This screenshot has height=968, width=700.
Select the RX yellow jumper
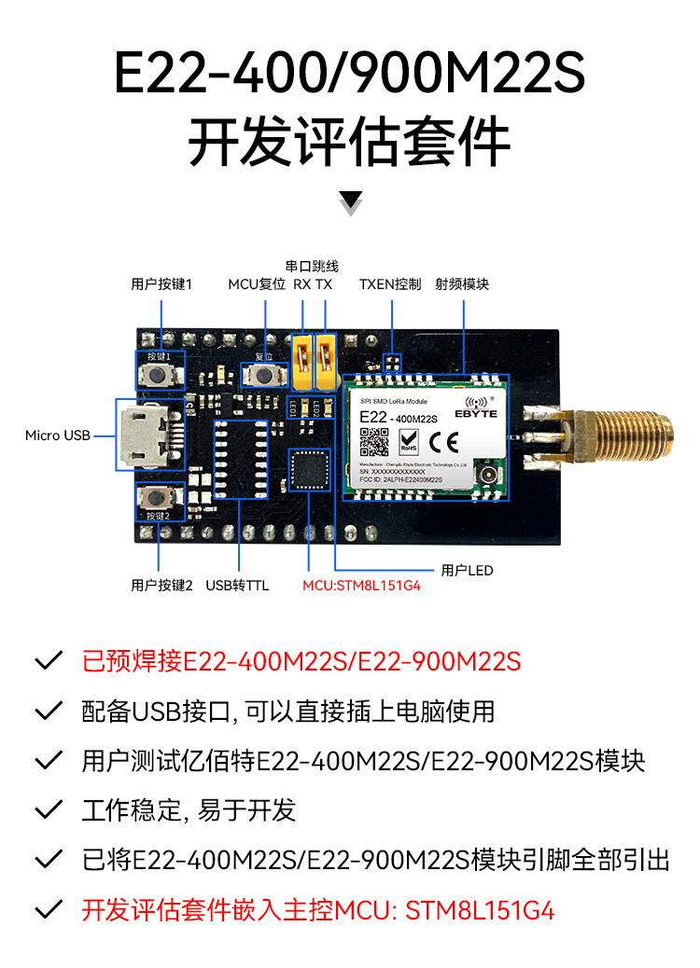point(302,363)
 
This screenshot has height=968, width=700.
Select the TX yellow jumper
point(325,363)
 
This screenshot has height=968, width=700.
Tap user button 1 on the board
point(160,377)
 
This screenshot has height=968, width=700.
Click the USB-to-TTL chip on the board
point(239,459)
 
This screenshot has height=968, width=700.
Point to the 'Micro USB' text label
point(58,436)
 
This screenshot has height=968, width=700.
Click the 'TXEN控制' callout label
point(390,284)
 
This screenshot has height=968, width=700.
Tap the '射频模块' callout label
point(462,284)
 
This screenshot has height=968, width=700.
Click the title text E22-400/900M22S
point(349,75)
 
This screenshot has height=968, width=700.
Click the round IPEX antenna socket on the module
point(487,477)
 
